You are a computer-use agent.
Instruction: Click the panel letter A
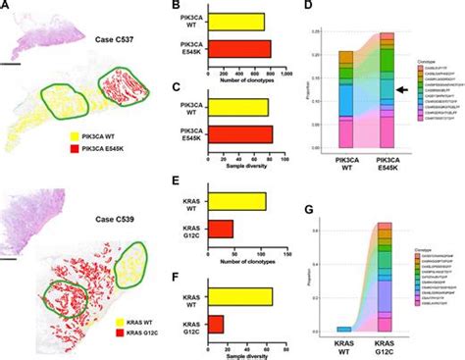coord(7,7)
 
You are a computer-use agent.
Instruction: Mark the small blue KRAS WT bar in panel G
coord(344,329)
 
